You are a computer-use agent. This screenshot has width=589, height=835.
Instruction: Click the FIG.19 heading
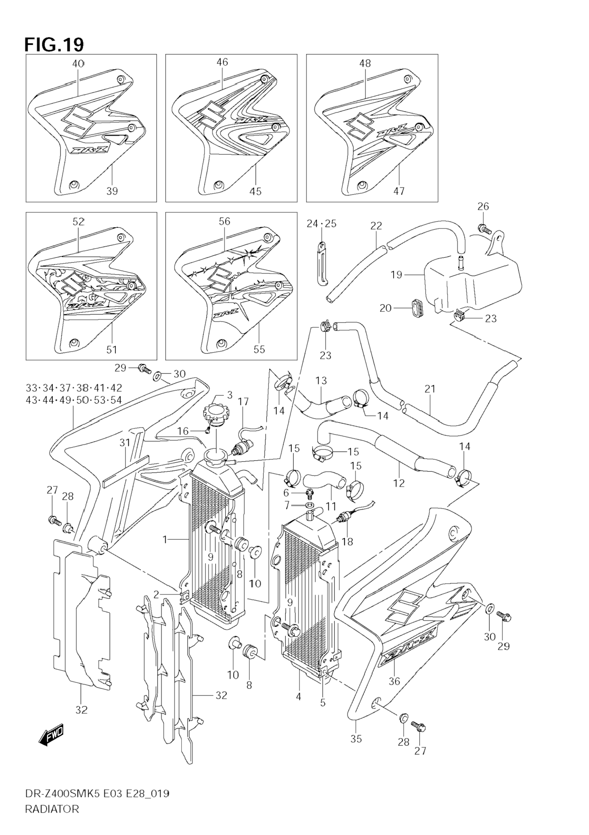54,45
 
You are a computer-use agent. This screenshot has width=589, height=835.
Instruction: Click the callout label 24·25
321,224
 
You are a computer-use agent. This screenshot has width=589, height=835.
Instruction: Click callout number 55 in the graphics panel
259,349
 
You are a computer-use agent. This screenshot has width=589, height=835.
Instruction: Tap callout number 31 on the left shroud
125,442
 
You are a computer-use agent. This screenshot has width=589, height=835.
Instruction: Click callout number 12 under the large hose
399,483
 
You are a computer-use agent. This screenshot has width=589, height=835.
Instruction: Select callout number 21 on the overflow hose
430,389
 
